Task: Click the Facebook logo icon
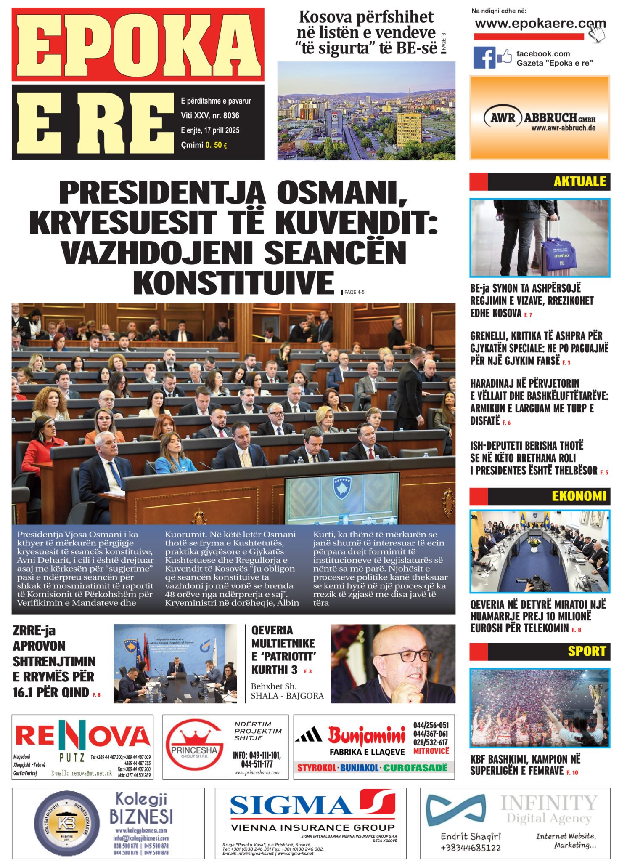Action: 484,58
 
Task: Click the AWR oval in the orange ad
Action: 503,117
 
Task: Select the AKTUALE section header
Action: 579,181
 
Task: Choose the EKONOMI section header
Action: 579,496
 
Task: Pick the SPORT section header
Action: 587,651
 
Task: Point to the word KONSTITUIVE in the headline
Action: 234,283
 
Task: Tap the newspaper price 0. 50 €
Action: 216,145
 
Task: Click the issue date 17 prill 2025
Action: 222,130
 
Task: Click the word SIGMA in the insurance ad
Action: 291,804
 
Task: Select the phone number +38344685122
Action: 471,847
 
